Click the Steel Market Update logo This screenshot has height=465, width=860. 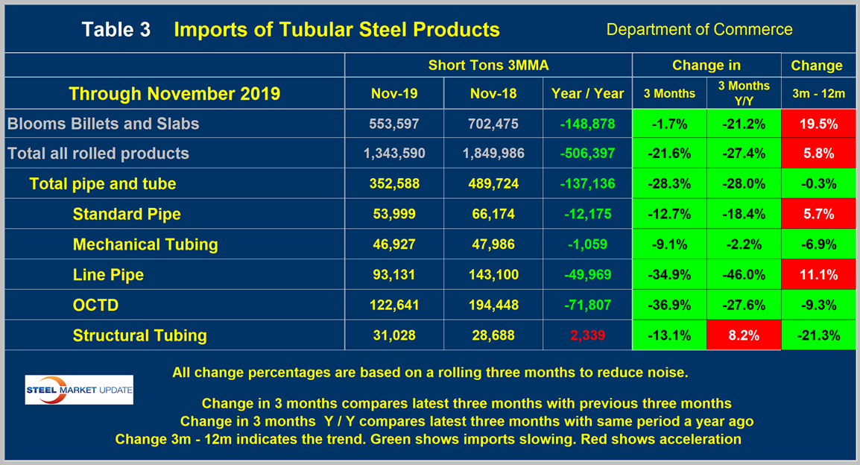79,390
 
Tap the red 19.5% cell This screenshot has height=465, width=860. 817,124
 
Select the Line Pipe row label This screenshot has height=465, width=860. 108,275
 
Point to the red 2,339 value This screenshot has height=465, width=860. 587,336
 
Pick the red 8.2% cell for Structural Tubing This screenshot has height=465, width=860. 743,336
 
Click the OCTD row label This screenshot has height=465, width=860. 95,306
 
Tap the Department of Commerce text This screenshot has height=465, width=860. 699,30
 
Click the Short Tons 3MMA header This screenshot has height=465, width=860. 488,65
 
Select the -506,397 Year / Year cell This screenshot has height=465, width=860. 587,154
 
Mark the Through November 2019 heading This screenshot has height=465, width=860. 174,93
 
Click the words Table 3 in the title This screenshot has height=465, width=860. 116,30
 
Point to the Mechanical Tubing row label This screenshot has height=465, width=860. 145,244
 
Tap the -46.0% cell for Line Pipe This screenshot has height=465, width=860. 743,275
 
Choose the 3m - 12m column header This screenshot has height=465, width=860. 817,93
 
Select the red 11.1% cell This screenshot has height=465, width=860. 817,275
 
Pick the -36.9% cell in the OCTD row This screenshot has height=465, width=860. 668,306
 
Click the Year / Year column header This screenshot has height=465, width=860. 587,93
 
